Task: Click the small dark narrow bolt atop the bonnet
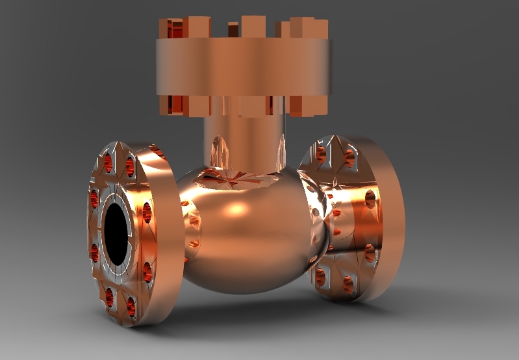pyautogui.click(x=233, y=29)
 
